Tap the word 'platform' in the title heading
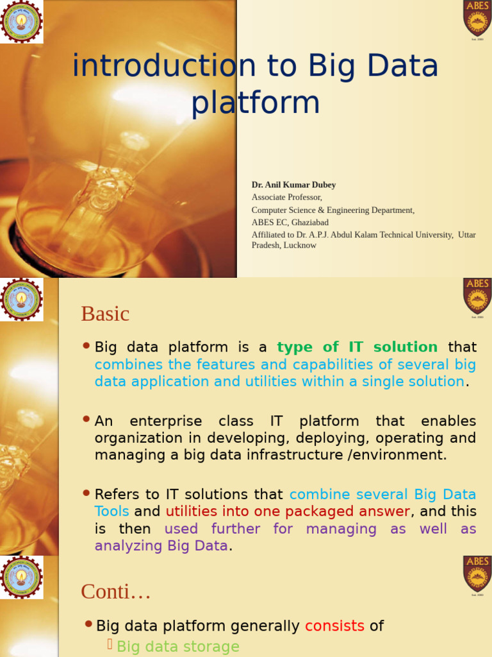[x=255, y=103]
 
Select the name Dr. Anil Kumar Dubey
[x=293, y=185]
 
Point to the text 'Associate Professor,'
[x=286, y=197]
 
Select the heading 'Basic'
[x=105, y=314]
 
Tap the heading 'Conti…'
[x=115, y=592]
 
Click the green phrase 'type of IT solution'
[x=357, y=347]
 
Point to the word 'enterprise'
[x=165, y=422]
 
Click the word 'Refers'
[x=116, y=495]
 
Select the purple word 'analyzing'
[x=128, y=546]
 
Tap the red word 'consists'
[x=334, y=626]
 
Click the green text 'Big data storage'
[x=177, y=646]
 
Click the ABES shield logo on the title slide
[x=477, y=17]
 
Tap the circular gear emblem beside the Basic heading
[x=22, y=300]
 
